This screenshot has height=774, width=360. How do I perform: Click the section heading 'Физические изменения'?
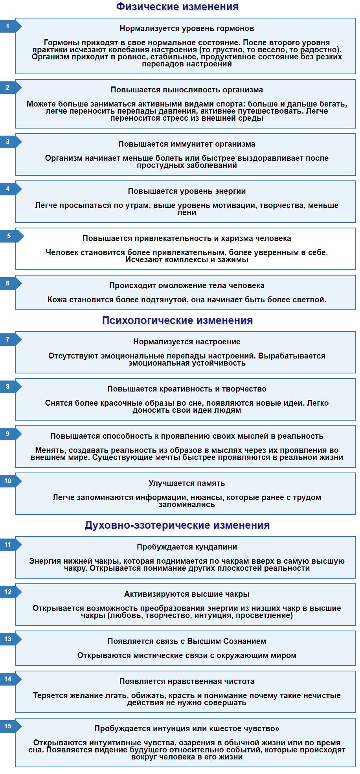(x=177, y=7)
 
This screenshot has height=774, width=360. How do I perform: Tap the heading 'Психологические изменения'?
(x=177, y=320)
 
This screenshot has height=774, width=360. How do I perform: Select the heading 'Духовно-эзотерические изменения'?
(x=177, y=525)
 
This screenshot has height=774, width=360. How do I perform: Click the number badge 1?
(x=8, y=26)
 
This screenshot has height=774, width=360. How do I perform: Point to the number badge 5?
(x=9, y=236)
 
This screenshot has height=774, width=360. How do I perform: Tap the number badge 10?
(x=8, y=481)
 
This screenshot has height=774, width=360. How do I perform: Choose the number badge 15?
(x=8, y=726)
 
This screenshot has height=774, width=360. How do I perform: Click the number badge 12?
(x=8, y=592)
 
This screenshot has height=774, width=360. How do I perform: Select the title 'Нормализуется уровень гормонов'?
(x=187, y=28)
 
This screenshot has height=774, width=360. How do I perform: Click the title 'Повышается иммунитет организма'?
(x=187, y=144)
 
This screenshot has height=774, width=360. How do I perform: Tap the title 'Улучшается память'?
(x=187, y=483)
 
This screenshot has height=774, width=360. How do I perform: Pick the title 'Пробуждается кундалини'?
(x=187, y=547)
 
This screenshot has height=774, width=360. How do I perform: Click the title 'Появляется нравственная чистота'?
(x=187, y=681)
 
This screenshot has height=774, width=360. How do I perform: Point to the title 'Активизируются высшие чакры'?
(x=187, y=594)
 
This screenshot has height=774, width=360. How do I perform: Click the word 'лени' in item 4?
(x=187, y=213)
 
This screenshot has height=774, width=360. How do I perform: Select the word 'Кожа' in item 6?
(x=57, y=300)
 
